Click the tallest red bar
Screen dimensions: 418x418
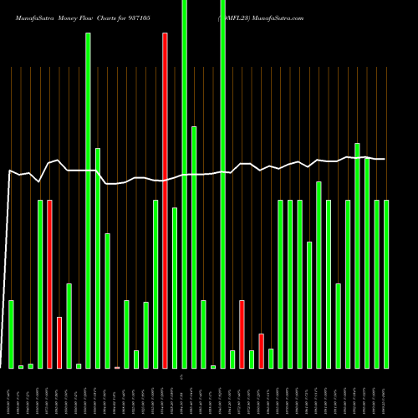(x=165, y=201)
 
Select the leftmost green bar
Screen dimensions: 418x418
(x=11, y=334)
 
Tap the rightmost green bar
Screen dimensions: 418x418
(x=386, y=284)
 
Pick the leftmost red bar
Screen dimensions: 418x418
(x=49, y=284)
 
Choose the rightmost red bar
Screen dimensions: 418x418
(x=261, y=350)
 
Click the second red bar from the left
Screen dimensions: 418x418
(x=59, y=343)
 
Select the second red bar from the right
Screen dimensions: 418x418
(x=242, y=334)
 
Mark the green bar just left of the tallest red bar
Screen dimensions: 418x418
(x=155, y=284)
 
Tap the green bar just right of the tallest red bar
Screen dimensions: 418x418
(x=175, y=288)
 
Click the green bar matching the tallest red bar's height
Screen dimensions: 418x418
(x=88, y=201)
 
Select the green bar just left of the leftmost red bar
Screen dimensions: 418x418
(x=40, y=284)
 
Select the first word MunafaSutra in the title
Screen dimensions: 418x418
(x=29, y=17)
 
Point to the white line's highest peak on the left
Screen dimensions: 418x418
(x=59, y=161)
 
